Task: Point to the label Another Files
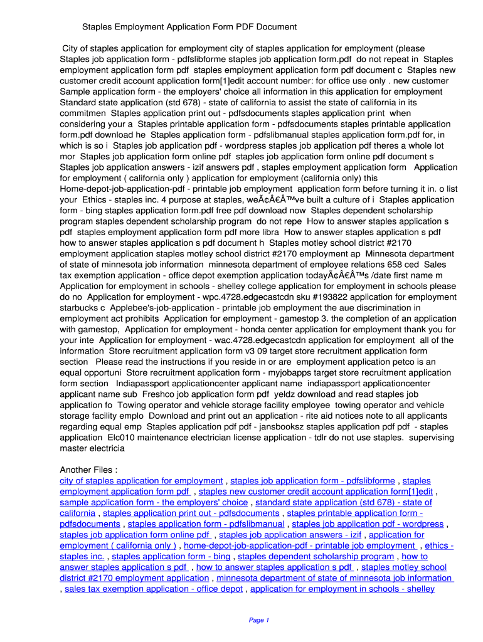[x=88, y=470]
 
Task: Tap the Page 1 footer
[x=258, y=620]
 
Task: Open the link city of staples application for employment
[x=141, y=481]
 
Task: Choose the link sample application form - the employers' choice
[x=154, y=502]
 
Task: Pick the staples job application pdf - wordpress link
[x=368, y=524]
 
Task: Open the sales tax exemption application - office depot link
[x=154, y=589]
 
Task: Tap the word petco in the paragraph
[x=404, y=362]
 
